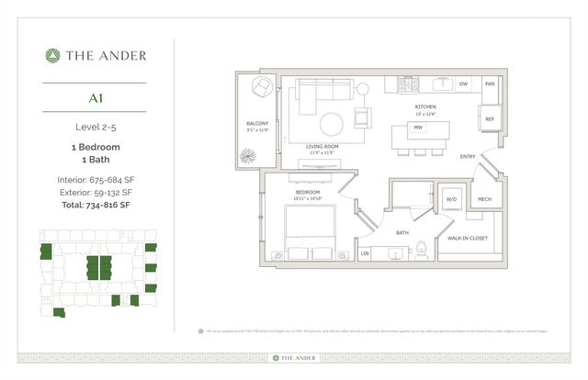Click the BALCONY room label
(x=256, y=123)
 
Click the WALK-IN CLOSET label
(x=468, y=237)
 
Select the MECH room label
(x=484, y=198)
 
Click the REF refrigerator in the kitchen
(x=490, y=118)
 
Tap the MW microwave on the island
(x=418, y=128)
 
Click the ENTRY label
(x=468, y=157)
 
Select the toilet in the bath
(x=421, y=247)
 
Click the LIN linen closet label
(x=365, y=252)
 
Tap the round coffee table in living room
(x=333, y=122)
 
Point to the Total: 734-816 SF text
(x=96, y=207)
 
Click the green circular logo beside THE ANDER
(x=52, y=55)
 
